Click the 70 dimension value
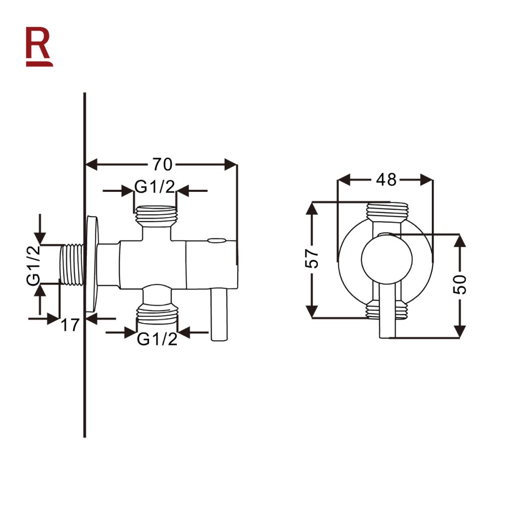tap(163, 164)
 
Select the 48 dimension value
tap(386, 179)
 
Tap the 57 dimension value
tap(313, 259)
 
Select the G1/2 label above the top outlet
tap(155, 188)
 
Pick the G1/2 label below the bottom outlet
tap(157, 339)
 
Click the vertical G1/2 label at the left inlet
tap(35, 265)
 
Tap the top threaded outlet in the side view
tap(156, 216)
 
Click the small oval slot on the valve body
tap(218, 241)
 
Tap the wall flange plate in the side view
tap(93, 265)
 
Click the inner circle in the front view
tap(386, 262)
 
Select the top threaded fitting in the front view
tap(386, 211)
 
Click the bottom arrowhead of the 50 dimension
tap(460, 331)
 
